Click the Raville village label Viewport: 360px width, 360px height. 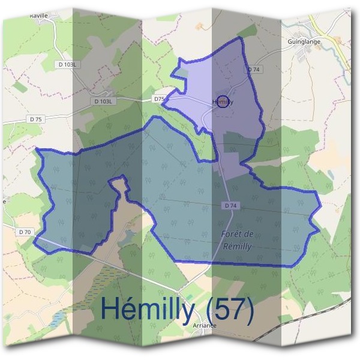[x=38, y=17]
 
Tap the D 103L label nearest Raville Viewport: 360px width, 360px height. [x=69, y=64]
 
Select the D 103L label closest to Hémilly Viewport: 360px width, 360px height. [x=104, y=102]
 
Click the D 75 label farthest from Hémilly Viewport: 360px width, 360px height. [x=35, y=119]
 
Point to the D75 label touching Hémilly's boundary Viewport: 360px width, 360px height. [x=159, y=98]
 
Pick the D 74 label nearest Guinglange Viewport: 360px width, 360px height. [x=254, y=70]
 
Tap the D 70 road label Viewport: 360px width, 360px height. [x=25, y=232]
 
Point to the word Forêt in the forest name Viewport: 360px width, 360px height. [x=227, y=234]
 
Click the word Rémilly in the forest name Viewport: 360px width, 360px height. [x=236, y=246]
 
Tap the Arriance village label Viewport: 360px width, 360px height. [x=204, y=325]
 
